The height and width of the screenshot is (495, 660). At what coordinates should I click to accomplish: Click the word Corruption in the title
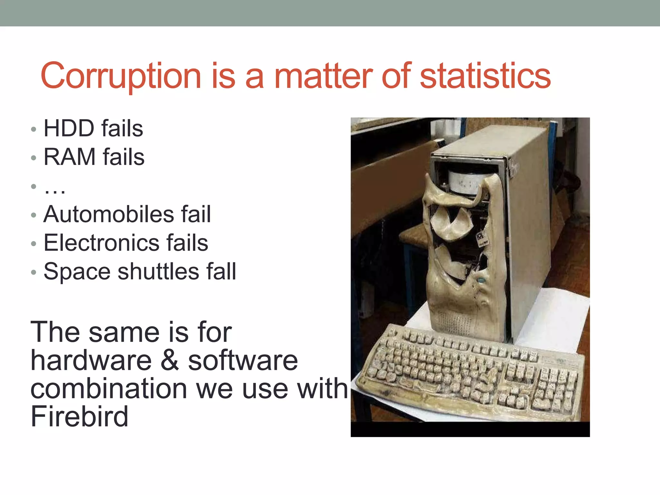pos(121,76)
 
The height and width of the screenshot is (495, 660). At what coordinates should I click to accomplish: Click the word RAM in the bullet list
pos(70,157)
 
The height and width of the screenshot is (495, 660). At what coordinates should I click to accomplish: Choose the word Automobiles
pos(109,214)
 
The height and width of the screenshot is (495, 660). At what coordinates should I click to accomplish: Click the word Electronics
pos(101,243)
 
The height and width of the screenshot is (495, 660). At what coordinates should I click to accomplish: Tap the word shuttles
pos(158,271)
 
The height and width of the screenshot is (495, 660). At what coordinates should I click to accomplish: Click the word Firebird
pos(79,416)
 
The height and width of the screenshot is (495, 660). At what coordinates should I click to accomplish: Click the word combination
pos(109,389)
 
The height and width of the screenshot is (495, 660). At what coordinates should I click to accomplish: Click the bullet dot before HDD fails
pos(34,129)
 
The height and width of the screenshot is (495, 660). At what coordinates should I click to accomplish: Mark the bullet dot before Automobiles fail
pos(34,215)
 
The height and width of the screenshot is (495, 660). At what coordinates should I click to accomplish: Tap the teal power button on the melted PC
pos(481,280)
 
